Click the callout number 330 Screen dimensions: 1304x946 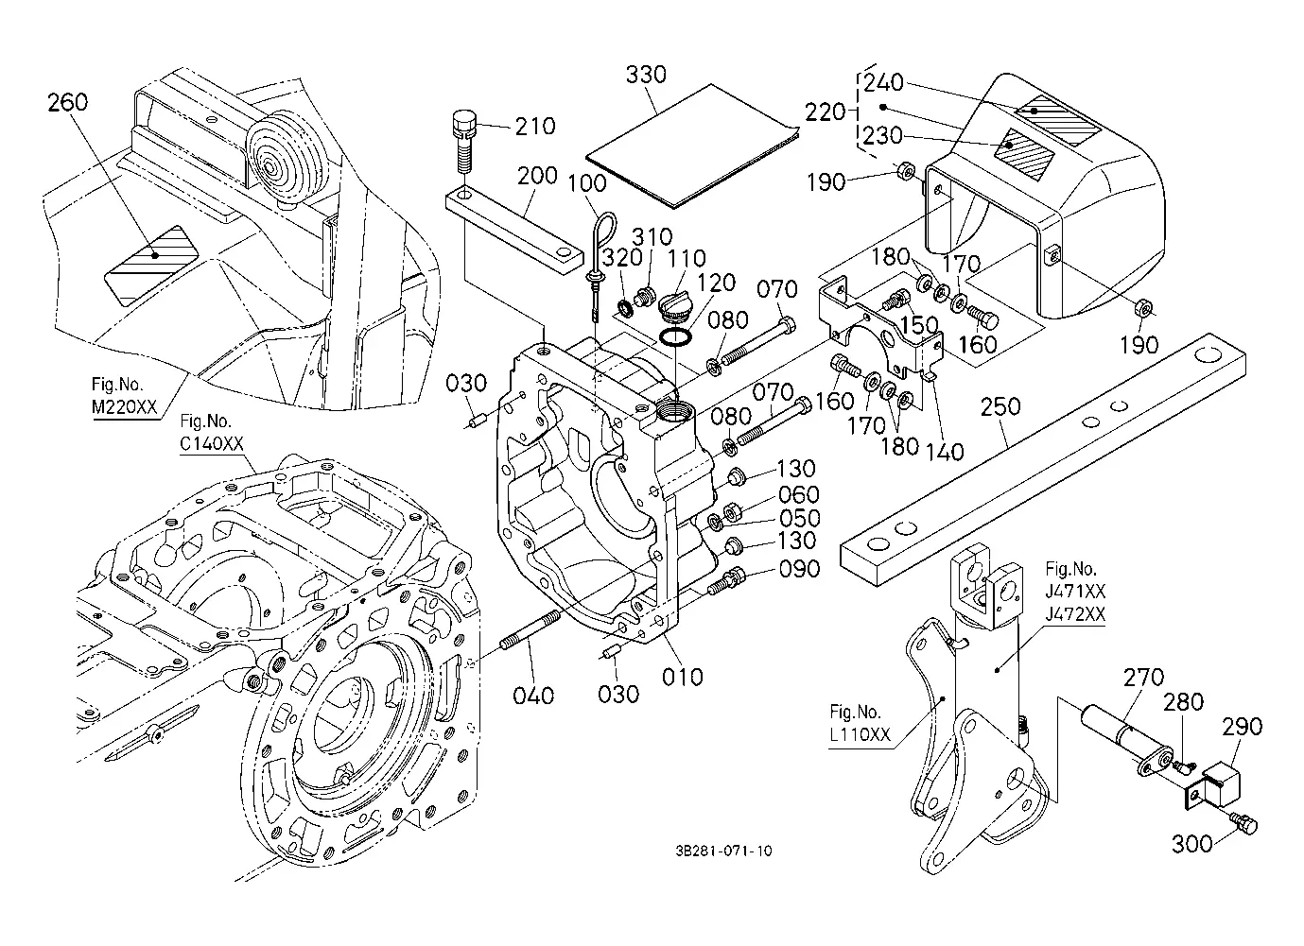[646, 75]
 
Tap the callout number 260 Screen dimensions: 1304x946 [67, 102]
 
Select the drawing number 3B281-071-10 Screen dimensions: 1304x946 [723, 851]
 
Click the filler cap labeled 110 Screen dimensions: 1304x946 [677, 306]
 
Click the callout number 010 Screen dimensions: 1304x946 [683, 677]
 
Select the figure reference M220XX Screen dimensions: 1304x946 [124, 406]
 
